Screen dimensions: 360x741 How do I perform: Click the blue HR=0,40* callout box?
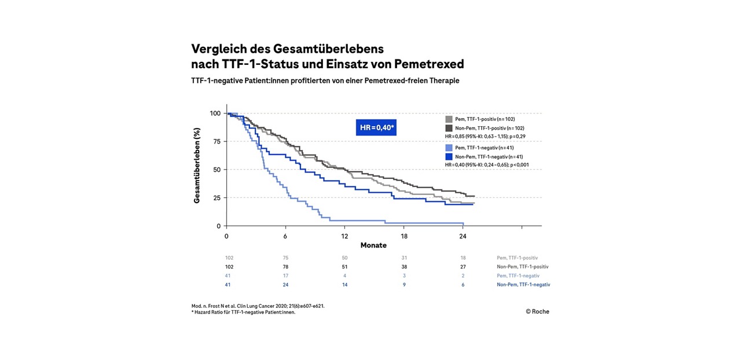(376, 127)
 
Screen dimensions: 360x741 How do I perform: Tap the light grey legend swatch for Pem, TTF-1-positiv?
(449, 119)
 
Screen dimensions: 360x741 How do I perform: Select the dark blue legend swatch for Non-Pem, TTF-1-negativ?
(449, 156)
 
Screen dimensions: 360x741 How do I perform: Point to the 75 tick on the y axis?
(216, 141)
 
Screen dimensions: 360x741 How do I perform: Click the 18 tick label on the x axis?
(404, 236)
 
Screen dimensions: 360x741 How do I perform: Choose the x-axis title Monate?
(373, 245)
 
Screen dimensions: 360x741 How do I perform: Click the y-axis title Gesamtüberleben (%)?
(197, 166)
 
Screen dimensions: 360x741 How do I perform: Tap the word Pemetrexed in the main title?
(429, 63)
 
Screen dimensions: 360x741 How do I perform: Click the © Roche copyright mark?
(537, 311)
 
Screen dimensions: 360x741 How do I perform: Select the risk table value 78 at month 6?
(285, 267)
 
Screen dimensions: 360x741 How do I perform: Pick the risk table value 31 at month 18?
(404, 258)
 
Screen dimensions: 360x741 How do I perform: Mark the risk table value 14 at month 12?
(344, 285)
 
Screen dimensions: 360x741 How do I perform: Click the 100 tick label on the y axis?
(215, 113)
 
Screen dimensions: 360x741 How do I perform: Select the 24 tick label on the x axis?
(463, 236)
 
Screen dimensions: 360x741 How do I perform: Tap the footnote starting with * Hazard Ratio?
(243, 313)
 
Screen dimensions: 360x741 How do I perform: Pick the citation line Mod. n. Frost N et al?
(258, 305)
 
